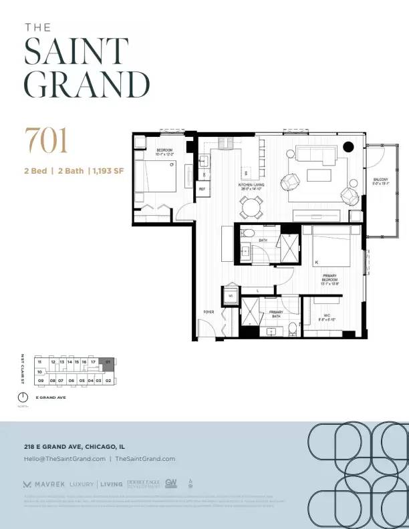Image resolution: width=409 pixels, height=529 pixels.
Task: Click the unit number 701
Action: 46,140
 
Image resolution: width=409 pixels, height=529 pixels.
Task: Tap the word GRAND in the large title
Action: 87,84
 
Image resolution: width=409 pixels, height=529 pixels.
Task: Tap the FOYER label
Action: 209,312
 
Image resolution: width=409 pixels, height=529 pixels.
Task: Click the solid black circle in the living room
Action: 348,147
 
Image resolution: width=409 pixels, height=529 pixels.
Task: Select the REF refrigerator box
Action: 202,189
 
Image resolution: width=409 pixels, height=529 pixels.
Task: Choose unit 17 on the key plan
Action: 94,361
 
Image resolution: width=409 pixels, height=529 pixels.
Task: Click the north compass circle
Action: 23,397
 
